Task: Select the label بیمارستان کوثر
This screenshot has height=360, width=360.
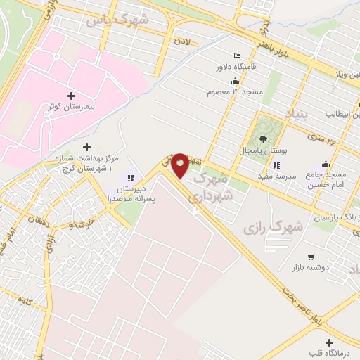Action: coord(71,107)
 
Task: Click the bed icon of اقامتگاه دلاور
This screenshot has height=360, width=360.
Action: coord(238,56)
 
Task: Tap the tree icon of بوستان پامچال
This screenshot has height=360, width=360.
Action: coord(263,139)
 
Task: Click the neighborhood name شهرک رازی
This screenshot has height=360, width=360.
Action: coord(273,227)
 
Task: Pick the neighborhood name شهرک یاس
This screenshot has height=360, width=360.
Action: coord(117,20)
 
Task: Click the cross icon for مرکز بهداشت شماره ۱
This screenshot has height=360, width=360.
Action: coord(86,147)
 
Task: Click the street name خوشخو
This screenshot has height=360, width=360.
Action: coord(82,224)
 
